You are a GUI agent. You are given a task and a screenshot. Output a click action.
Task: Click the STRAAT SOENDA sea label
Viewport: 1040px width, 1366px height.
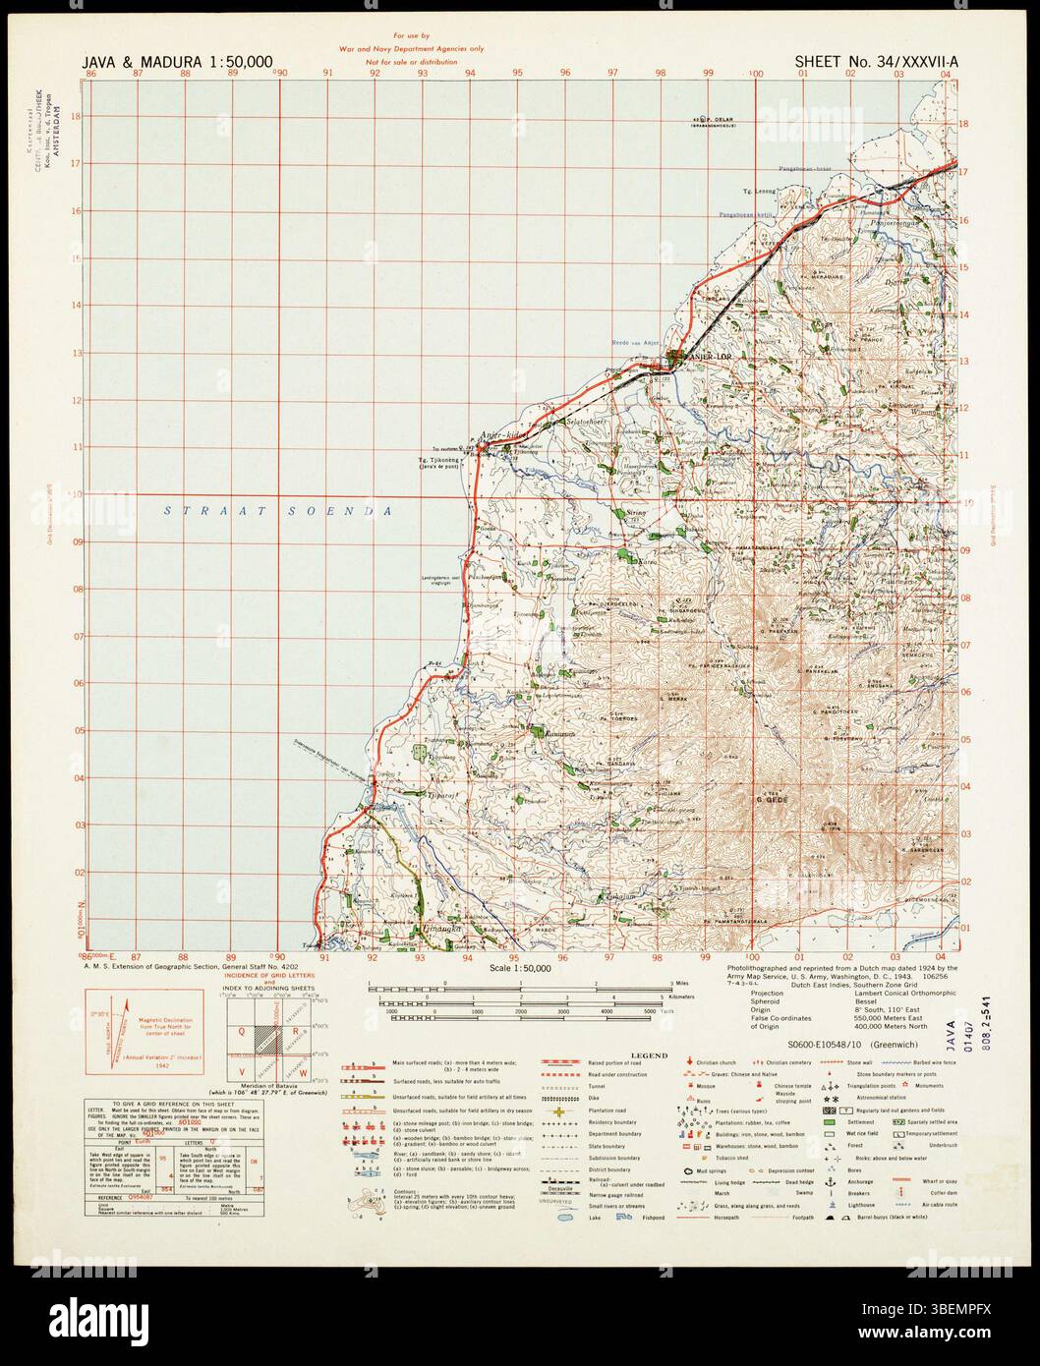point(278,511)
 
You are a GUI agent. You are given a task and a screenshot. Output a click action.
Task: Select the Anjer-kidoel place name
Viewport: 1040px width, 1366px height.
point(503,433)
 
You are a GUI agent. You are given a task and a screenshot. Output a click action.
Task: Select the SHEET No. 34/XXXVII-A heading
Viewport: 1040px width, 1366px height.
point(877,62)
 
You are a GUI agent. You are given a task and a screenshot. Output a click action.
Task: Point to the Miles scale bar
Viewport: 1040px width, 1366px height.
point(521,984)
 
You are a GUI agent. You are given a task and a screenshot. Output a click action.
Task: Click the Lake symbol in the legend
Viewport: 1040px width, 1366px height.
point(566,1217)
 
